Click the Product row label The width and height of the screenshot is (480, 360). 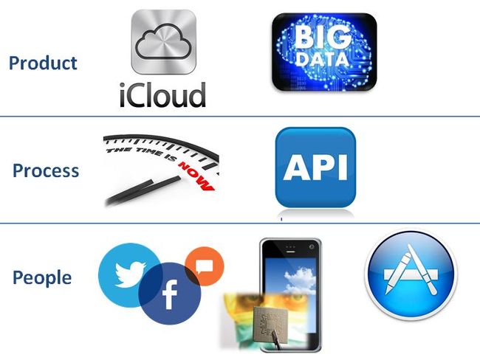click(43, 63)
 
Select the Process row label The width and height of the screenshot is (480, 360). click(46, 170)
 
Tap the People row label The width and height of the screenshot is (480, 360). click(42, 278)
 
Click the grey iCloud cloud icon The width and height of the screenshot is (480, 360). click(163, 42)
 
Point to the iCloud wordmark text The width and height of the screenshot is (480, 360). click(162, 95)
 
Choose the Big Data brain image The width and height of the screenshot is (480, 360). click(323, 52)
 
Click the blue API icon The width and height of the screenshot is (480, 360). click(315, 167)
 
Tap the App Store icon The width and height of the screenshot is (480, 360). click(411, 275)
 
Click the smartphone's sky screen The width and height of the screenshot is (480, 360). click(289, 284)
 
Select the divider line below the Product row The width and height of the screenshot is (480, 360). click(240, 116)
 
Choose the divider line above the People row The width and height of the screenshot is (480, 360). click(240, 223)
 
